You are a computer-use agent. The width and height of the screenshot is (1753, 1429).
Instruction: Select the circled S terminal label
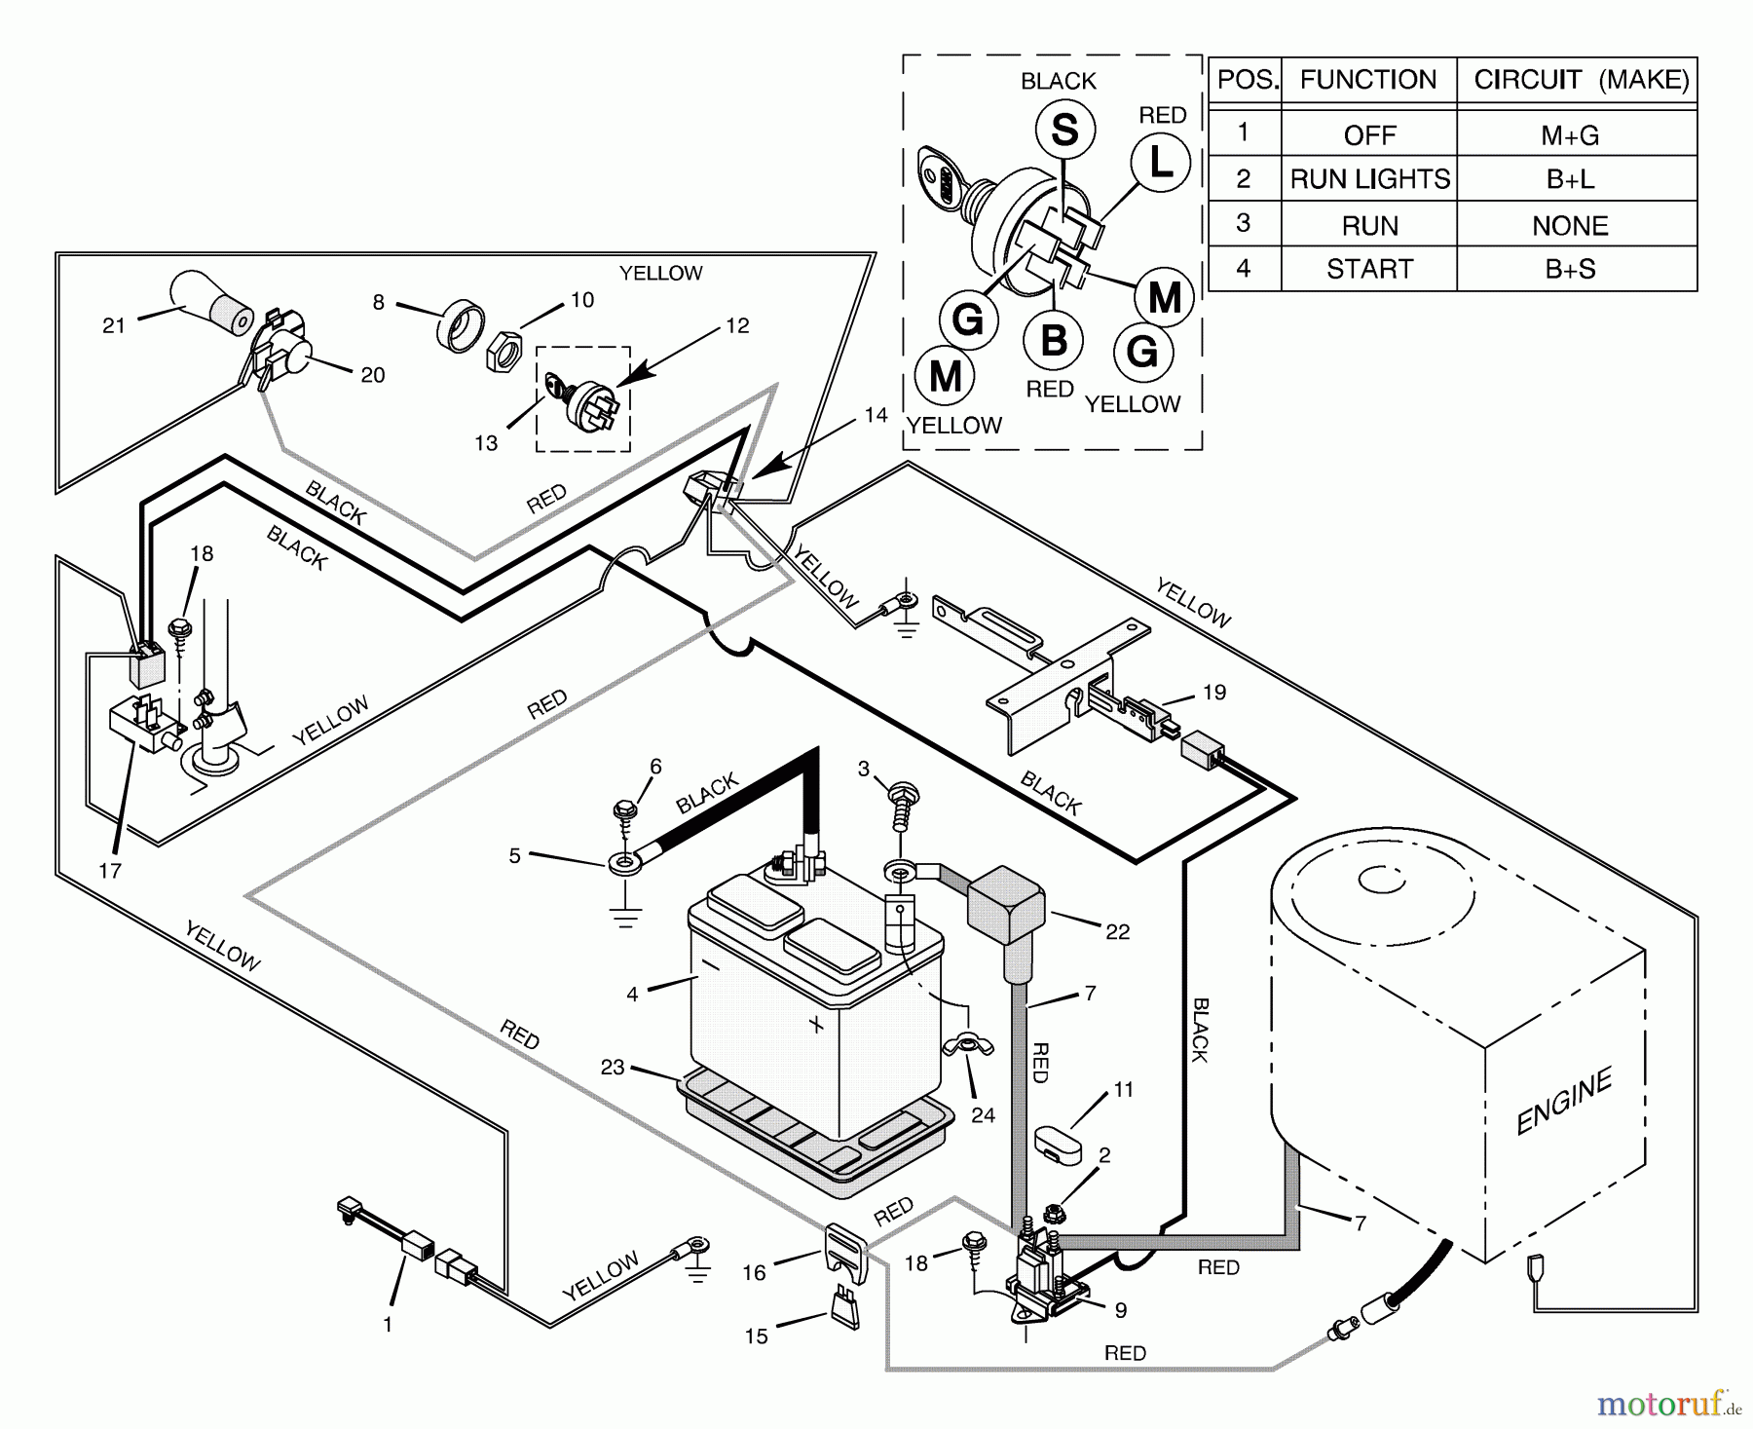(1063, 130)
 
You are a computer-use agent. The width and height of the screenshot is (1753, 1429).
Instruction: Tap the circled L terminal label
(1161, 163)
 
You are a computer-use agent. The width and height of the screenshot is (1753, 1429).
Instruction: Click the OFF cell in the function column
(1369, 135)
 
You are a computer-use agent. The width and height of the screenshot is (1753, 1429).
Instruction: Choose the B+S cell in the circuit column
(1570, 269)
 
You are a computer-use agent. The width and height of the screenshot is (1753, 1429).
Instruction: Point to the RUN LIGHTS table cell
(1369, 179)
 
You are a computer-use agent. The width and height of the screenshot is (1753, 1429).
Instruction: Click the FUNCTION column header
(1368, 80)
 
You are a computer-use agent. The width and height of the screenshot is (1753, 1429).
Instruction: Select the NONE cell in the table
(1570, 225)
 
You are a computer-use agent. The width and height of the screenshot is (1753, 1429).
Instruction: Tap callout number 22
(1117, 931)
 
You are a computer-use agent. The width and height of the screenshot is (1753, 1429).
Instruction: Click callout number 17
(110, 870)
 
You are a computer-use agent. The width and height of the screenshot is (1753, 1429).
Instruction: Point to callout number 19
(1213, 693)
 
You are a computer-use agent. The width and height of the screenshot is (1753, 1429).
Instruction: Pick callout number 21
(114, 325)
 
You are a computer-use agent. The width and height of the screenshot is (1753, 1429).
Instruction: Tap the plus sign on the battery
(816, 1025)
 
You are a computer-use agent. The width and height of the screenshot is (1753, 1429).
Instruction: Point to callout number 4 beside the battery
(632, 994)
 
